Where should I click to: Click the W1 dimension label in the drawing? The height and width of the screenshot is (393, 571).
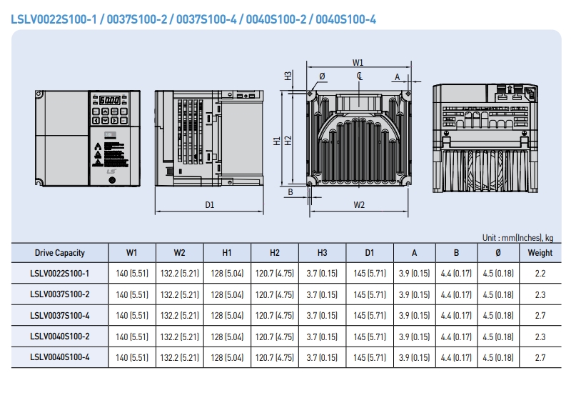tap(358, 62)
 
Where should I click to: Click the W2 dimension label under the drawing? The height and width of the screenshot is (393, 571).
tap(359, 205)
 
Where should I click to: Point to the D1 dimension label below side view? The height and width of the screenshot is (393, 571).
tap(210, 205)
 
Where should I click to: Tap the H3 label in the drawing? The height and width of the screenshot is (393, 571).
tap(288, 76)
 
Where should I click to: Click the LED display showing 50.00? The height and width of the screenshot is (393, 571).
tap(109, 101)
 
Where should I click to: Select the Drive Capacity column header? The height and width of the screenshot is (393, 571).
tap(60, 252)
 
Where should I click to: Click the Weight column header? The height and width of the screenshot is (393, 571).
tap(540, 252)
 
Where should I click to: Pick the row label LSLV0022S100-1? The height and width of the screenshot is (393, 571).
tap(60, 274)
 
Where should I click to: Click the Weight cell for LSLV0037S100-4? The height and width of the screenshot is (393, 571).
tap(540, 314)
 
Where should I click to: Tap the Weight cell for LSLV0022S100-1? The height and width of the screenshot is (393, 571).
tap(540, 274)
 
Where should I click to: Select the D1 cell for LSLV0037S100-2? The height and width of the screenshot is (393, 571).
tap(369, 294)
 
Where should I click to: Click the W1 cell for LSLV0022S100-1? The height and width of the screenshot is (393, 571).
tap(132, 274)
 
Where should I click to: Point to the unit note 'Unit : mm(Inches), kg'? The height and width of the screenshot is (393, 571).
tap(517, 237)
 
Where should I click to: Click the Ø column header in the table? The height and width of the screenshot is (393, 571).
tap(497, 252)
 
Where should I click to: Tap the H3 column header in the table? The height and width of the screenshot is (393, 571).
tap(322, 252)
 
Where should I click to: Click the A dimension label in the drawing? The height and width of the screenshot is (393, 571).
tap(397, 76)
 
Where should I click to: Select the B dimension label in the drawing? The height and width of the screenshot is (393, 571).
tap(290, 191)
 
